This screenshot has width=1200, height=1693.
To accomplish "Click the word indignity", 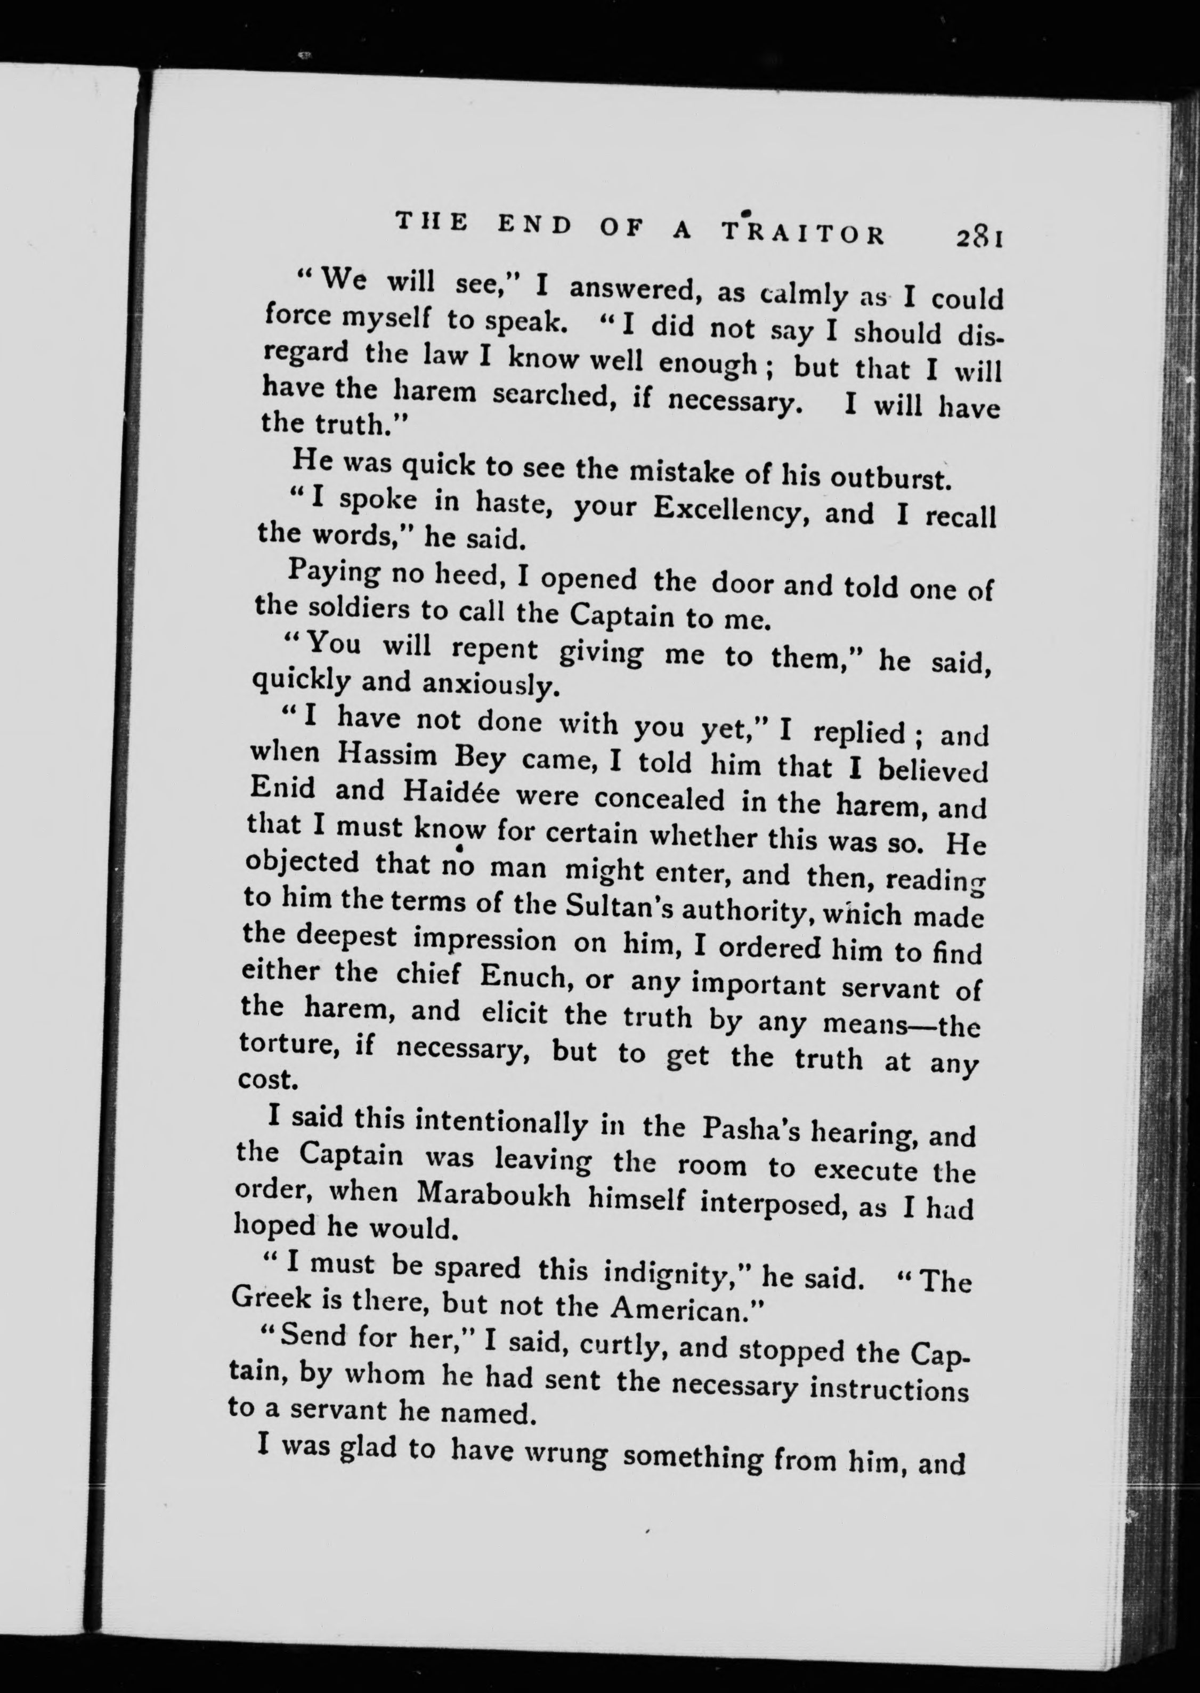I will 677,1273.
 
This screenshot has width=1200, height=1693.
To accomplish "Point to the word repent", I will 495,648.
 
